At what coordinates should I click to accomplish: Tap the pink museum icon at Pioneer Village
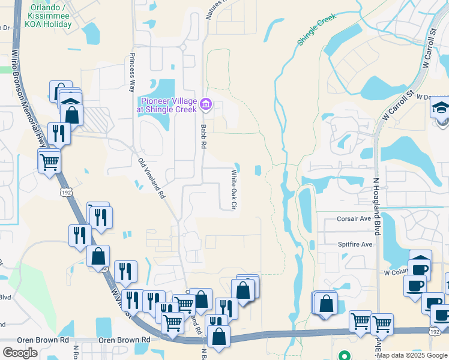click(206, 105)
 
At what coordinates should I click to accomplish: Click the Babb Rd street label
click(203, 136)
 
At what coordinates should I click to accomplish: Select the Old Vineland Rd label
click(151, 178)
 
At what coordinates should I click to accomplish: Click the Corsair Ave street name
click(354, 219)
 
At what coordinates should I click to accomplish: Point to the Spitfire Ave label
click(355, 244)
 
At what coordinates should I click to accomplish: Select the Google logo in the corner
click(20, 353)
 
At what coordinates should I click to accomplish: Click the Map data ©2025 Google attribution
click(411, 355)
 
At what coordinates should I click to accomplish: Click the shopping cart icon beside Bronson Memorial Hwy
click(49, 161)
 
